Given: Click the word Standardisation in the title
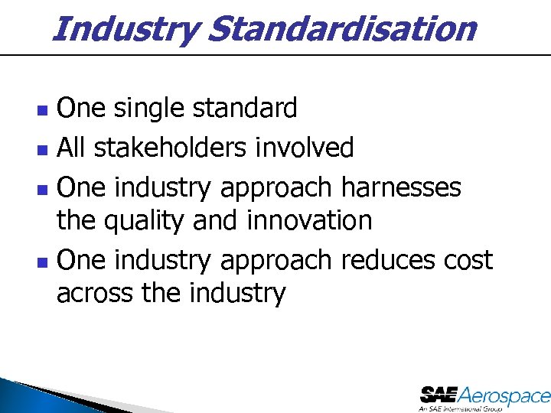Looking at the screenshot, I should [x=341, y=30].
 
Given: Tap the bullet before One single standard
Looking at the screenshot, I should [x=43, y=110].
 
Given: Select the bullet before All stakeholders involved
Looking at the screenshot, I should [x=43, y=148].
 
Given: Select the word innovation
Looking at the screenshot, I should [x=309, y=221].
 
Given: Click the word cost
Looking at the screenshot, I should [x=468, y=261].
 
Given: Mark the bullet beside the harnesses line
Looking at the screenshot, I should [x=43, y=187].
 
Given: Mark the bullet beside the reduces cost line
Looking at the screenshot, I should [x=43, y=262].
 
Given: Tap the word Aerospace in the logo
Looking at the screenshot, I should [x=505, y=395].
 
